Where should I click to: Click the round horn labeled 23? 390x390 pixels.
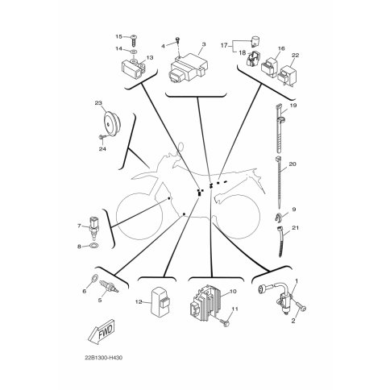coord(112,124)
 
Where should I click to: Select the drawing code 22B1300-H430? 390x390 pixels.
coord(104,358)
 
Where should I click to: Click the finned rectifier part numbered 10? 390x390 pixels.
coord(205,303)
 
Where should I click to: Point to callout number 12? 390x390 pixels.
coord(138,302)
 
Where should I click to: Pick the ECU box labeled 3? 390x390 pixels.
coord(189,67)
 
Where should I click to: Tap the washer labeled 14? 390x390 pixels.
coord(135,51)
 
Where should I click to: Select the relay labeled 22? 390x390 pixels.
coord(288,75)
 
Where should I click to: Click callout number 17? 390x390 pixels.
coord(224,45)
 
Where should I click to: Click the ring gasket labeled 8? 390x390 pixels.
coord(93,245)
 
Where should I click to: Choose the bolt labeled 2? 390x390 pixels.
coord(301,306)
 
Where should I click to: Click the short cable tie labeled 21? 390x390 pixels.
coord(280,242)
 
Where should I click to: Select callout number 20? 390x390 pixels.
coord(292,164)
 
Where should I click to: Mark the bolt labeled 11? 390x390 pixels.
coord(224,322)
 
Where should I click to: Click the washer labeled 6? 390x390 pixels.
coord(94,278)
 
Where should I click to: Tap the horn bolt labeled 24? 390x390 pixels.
coord(102,137)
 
